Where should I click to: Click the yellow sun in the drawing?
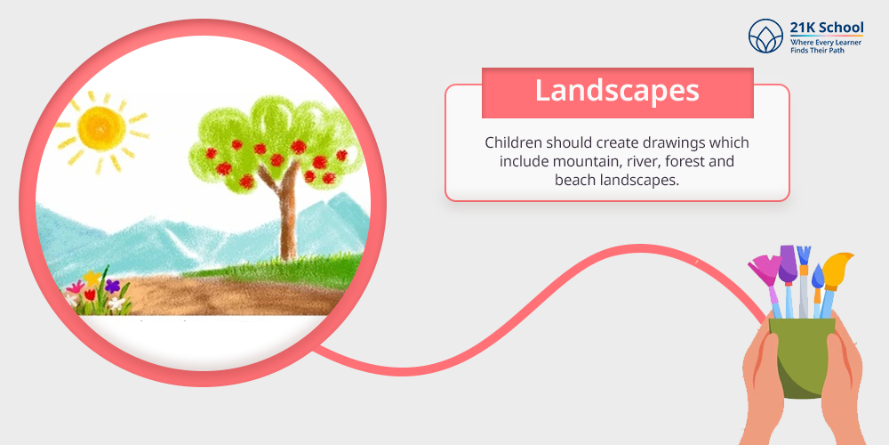point(101,129)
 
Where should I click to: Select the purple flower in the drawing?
point(112,286)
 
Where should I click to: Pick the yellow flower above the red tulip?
point(92,278)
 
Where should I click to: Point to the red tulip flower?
point(90,294)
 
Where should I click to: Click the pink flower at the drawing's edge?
point(75,287)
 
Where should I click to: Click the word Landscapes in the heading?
point(617,92)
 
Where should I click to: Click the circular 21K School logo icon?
point(765,36)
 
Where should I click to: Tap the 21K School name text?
point(827,28)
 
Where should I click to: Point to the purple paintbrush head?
point(788,264)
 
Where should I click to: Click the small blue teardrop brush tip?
point(818,276)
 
